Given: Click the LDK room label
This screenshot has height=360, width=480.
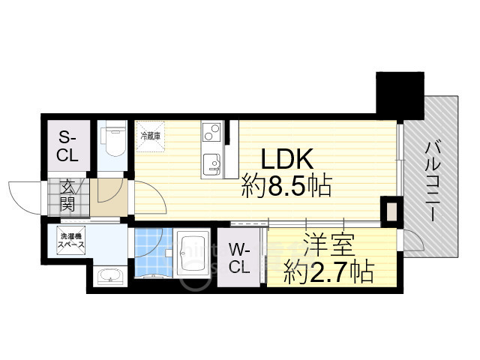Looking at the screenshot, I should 286,158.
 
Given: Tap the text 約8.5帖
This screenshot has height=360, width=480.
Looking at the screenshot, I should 286,185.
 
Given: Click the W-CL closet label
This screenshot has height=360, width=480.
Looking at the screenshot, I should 238,256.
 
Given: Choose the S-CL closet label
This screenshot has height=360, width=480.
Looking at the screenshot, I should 67,146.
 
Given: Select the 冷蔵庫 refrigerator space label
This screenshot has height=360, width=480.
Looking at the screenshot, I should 151,136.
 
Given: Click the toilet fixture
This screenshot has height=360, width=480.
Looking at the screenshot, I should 114,141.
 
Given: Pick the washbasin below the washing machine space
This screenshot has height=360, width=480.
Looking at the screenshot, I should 111,276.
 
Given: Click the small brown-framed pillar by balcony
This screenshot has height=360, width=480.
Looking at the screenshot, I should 390,211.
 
